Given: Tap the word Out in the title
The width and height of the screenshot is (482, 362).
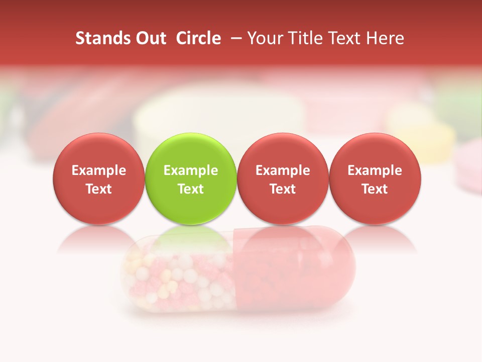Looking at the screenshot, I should click(150, 38).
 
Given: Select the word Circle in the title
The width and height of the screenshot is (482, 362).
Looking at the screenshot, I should click(198, 38).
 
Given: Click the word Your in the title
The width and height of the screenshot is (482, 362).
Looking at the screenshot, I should click(264, 38).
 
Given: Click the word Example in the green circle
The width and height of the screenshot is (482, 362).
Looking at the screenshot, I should click(191, 170).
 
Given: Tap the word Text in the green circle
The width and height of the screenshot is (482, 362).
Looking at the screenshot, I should click(191, 189).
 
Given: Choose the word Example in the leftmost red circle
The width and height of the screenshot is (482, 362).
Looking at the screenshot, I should click(99, 170).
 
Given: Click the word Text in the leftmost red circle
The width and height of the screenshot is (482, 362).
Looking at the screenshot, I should click(99, 189).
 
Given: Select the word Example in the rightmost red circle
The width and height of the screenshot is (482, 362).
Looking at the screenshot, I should click(375, 170).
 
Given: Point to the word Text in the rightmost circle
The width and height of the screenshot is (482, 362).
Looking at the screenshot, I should click(375, 189).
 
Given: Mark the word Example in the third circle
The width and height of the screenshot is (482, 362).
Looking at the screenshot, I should click(283, 170).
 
